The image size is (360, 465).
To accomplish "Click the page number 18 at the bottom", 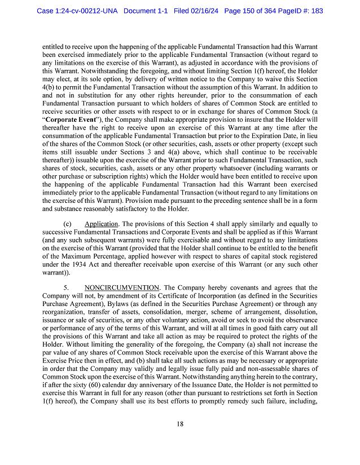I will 179,424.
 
